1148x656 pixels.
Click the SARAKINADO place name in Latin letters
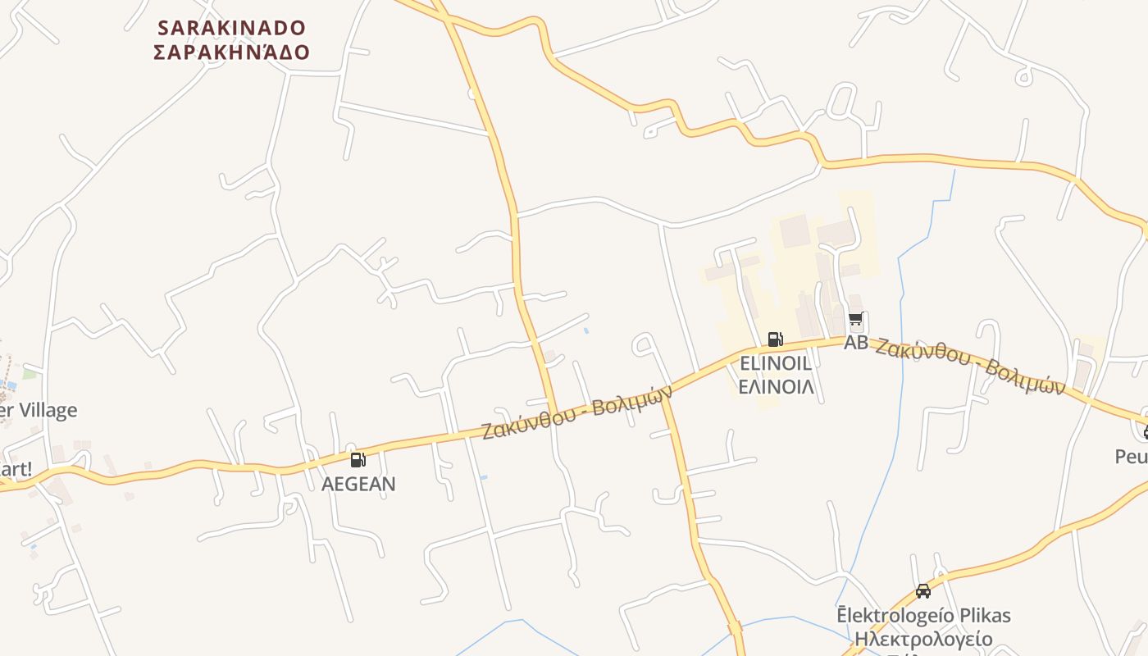tap(231, 28)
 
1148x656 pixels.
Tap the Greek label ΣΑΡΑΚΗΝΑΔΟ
tap(231, 52)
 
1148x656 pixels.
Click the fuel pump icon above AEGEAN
tap(358, 460)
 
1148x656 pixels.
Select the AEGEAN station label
tap(358, 484)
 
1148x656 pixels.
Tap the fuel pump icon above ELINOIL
tap(775, 339)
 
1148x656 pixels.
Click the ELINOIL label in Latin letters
tap(776, 363)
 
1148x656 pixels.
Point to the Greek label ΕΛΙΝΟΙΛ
tap(776, 386)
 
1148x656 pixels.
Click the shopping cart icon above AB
tap(856, 319)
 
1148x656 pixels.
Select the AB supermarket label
tap(856, 343)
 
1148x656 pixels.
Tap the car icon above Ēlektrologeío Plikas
tap(923, 590)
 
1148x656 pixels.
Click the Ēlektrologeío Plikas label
tap(923, 615)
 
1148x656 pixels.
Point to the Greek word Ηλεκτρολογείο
tap(923, 639)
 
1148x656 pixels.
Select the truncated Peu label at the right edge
tap(1132, 456)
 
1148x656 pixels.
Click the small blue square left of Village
tap(11, 385)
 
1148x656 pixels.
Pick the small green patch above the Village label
tap(30, 374)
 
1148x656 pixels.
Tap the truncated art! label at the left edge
tap(16, 470)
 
